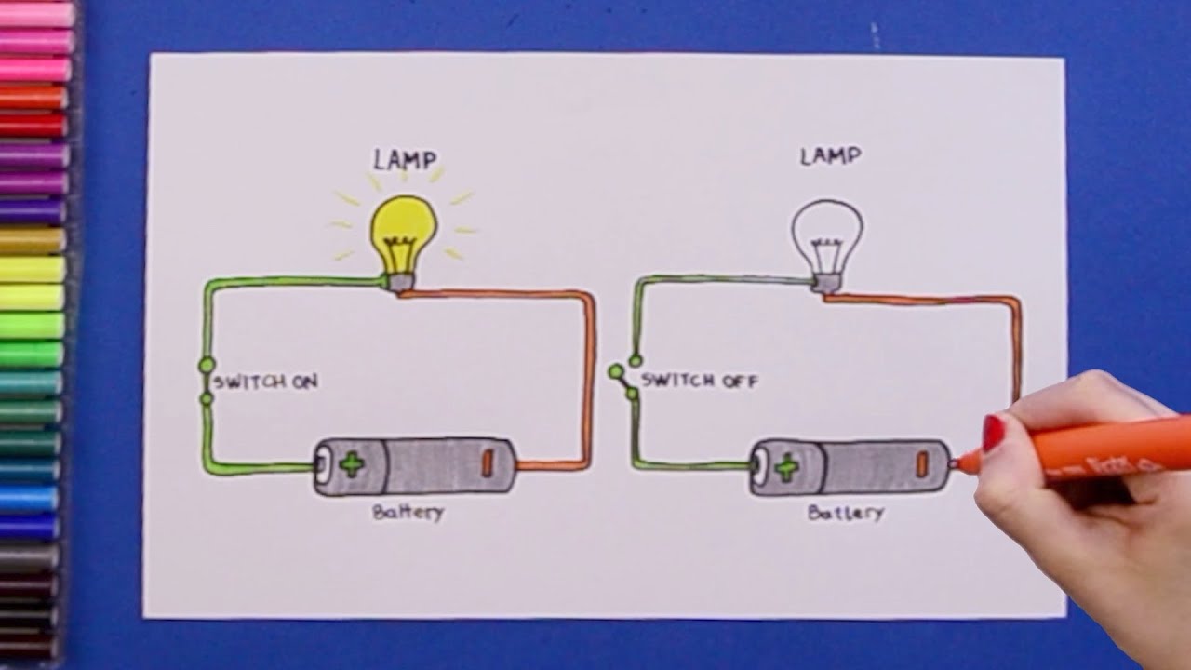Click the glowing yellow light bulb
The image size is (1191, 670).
pos(404,235)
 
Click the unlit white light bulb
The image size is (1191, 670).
pos(827,238)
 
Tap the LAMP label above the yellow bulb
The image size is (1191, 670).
pos(405,160)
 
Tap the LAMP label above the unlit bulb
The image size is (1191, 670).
pos(831,156)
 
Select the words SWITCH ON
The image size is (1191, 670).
pos(266,382)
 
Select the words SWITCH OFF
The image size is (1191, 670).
pos(699,381)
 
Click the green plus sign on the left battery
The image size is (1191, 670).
pos(352,464)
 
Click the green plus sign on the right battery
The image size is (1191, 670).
pos(787,468)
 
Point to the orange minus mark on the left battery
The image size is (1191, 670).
pos(487,462)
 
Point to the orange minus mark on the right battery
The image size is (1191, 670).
pos(922,464)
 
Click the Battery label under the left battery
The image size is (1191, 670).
pos(408,513)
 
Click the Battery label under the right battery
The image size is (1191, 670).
pos(846,513)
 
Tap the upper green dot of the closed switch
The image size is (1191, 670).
pos(207,365)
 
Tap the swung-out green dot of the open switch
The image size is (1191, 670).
pos(616,371)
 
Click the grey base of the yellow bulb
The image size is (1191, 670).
pos(400,282)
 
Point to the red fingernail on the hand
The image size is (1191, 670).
pos(993,434)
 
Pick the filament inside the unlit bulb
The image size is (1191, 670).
pos(826,256)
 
